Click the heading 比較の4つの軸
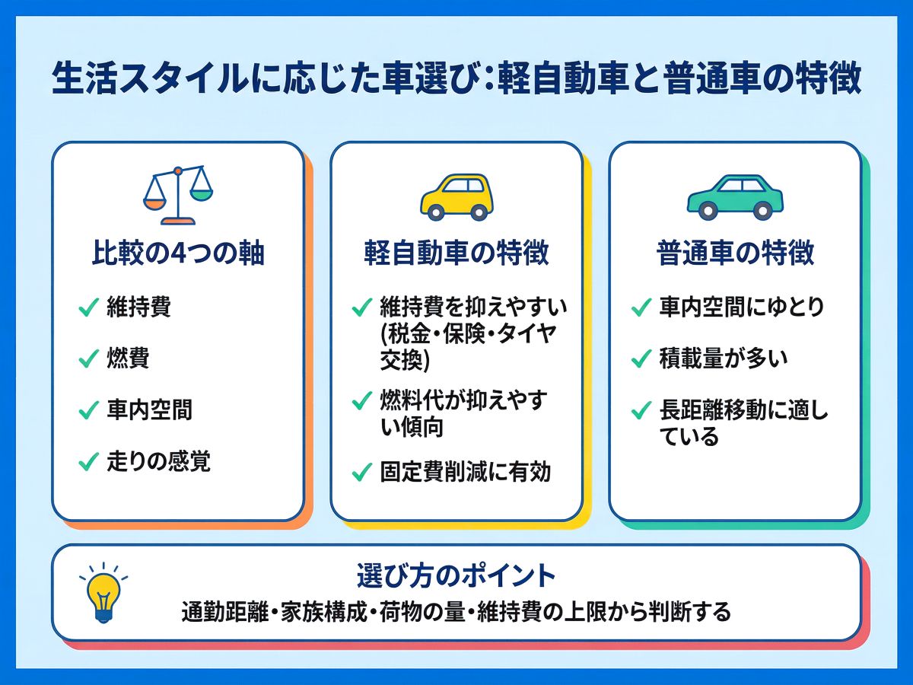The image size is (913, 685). [178, 253]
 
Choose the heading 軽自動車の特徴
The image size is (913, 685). [456, 253]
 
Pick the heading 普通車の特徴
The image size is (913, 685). [735, 253]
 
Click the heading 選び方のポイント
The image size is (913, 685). [456, 576]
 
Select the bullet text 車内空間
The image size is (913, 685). [149, 410]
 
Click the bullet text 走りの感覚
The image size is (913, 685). [158, 461]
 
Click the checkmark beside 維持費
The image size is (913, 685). [88, 308]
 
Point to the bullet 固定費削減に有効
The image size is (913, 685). [465, 473]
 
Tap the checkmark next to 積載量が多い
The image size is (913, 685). [641, 359]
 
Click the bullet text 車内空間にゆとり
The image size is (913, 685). [741, 307]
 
